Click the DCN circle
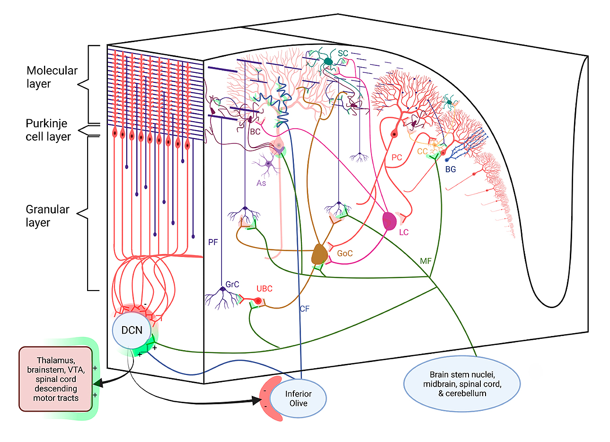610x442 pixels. (132, 330)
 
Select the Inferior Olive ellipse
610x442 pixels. (299, 398)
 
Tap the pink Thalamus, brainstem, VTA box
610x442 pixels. (56, 379)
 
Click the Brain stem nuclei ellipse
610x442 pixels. (462, 384)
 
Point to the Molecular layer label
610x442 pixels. (52, 77)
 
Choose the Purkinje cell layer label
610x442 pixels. (48, 130)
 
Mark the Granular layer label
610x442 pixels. (47, 216)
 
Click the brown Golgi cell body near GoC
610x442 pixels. (319, 254)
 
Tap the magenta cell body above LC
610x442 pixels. (389, 221)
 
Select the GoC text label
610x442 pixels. (345, 254)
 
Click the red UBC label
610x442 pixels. (265, 289)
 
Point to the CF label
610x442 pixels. (304, 309)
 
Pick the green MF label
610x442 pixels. (425, 261)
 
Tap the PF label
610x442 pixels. (213, 242)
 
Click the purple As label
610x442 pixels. (261, 183)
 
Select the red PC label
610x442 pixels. (397, 158)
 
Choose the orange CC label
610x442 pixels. (422, 152)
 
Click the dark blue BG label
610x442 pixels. (451, 169)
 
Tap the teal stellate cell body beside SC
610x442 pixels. (328, 62)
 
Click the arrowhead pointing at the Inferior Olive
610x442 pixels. (257, 401)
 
